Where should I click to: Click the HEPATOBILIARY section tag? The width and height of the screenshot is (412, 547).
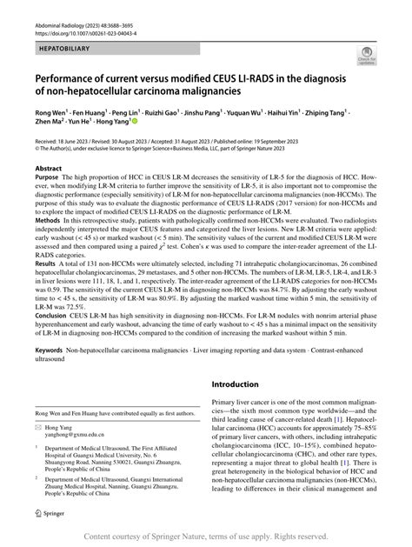point(65,40)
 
